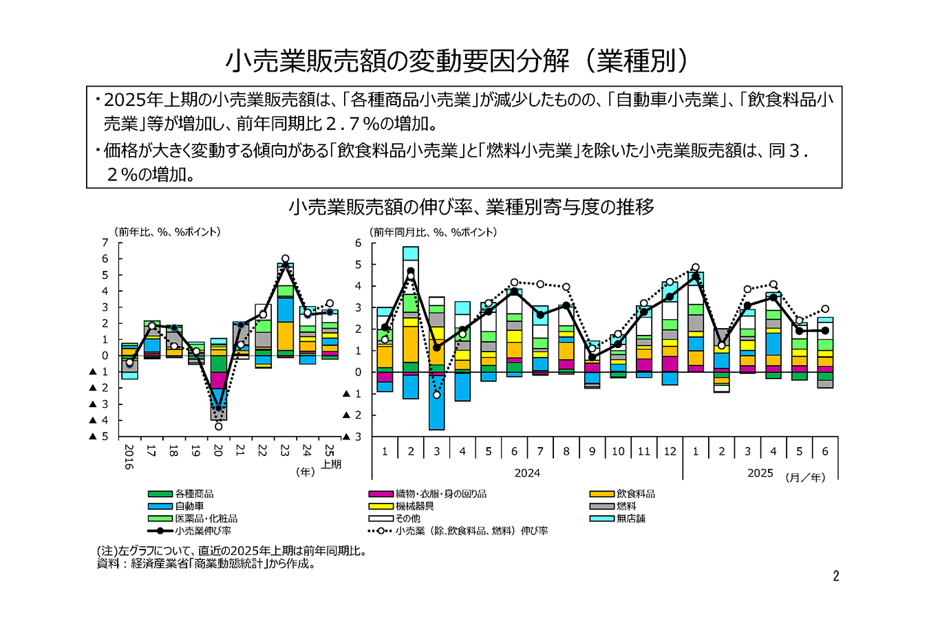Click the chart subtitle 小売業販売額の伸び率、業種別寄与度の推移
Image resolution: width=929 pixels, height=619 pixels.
471,207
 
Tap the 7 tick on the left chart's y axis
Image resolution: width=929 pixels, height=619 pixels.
105,243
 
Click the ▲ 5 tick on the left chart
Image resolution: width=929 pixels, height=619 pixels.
99,436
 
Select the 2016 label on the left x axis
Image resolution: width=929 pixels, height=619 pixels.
129,457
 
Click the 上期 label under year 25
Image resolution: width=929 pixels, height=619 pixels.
331,464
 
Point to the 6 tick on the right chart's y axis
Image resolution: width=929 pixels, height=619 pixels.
358,243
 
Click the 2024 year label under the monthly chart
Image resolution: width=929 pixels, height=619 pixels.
527,473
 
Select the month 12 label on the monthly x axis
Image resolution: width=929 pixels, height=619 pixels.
670,452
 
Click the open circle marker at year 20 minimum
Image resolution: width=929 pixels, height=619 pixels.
218,426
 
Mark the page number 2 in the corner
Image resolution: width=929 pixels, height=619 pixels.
836,576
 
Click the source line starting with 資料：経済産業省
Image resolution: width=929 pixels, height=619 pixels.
206,564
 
